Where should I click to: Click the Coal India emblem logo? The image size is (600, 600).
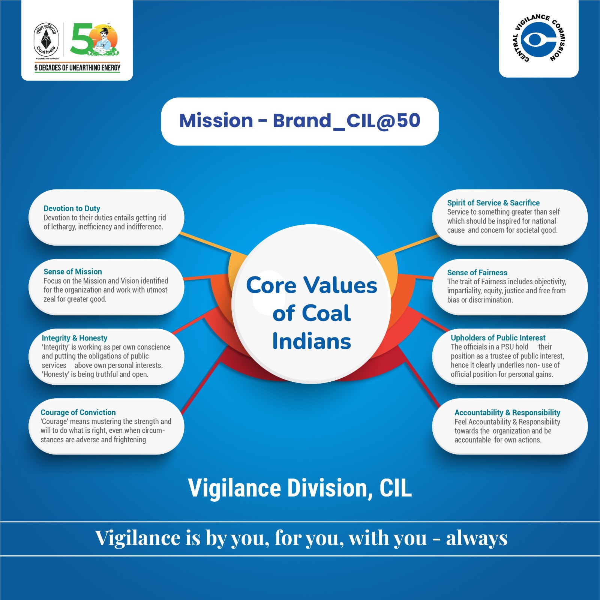pos(46,40)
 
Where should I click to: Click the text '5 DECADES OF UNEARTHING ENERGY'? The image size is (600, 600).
pos(77,68)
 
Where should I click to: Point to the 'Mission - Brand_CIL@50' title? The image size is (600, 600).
pos(300,121)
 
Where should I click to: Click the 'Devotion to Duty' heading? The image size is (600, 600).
pos(72,208)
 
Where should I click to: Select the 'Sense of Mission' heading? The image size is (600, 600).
pos(73,271)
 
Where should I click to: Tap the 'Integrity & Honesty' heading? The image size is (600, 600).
pos(74,338)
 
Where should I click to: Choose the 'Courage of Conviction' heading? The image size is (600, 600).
pos(78,412)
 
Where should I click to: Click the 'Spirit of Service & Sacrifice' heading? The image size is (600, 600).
pos(493,203)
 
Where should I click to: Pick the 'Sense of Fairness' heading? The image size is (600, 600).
pos(477,273)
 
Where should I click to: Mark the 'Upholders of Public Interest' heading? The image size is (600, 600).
pos(498,338)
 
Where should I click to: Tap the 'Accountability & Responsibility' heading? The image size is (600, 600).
pos(507,412)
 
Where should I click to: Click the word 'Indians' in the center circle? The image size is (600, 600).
pos(312,341)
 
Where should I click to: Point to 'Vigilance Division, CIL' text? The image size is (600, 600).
pos(300,488)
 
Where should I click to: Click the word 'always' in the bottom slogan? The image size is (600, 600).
pos(477,538)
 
